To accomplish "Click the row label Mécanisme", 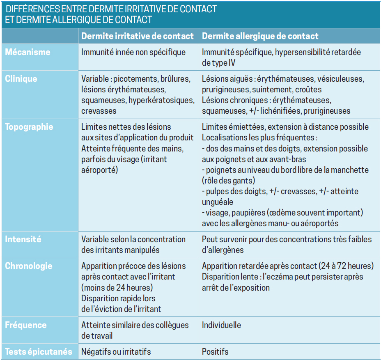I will click(28, 52).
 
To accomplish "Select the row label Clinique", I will click(21, 79).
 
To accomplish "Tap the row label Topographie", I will click(29, 127).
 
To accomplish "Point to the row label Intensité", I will click(23, 239).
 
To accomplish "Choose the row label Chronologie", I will click(29, 266).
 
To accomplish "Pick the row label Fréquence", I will click(25, 325).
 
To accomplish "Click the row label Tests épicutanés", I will click(39, 352).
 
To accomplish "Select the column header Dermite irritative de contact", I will click(138, 36).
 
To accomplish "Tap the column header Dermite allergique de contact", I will click(260, 36).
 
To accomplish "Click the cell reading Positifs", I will click(215, 352).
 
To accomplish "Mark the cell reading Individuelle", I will click(221, 325).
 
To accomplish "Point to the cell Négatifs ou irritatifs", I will click(116, 352).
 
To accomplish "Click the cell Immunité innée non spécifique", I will click(133, 52).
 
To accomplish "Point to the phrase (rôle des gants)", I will click(229, 180).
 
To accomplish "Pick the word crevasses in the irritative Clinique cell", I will click(99, 111).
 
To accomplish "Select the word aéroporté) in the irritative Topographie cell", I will click(100, 170).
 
